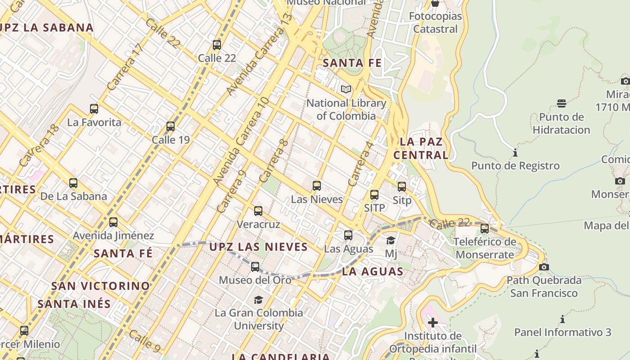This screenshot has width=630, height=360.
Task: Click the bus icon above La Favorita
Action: click(94, 109)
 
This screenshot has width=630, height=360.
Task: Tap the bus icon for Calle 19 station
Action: click(171, 126)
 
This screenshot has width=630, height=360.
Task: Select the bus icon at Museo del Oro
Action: click(255, 267)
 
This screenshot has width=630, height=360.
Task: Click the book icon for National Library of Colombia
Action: click(346, 90)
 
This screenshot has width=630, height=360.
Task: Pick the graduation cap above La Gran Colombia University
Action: click(258, 300)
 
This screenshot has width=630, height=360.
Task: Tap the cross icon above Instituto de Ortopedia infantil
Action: click(432, 323)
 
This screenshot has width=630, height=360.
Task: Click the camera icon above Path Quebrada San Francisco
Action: click(544, 267)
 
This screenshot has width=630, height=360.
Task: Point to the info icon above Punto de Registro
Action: click(515, 153)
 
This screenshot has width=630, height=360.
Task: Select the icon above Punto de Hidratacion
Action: click(561, 103)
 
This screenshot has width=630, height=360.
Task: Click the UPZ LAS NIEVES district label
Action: click(259, 247)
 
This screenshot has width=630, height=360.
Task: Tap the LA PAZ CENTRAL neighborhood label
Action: click(421, 148)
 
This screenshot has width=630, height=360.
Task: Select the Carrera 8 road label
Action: click(274, 161)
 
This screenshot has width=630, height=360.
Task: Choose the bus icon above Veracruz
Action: click(258, 211)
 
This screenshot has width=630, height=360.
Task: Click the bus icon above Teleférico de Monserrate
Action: click(485, 229)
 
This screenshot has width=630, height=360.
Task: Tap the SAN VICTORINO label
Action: click(100, 286)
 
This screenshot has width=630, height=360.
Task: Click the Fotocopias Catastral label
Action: click(435, 22)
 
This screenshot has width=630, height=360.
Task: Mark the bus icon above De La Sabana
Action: click(73, 183)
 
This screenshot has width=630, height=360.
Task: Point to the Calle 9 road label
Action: click(144, 341)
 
